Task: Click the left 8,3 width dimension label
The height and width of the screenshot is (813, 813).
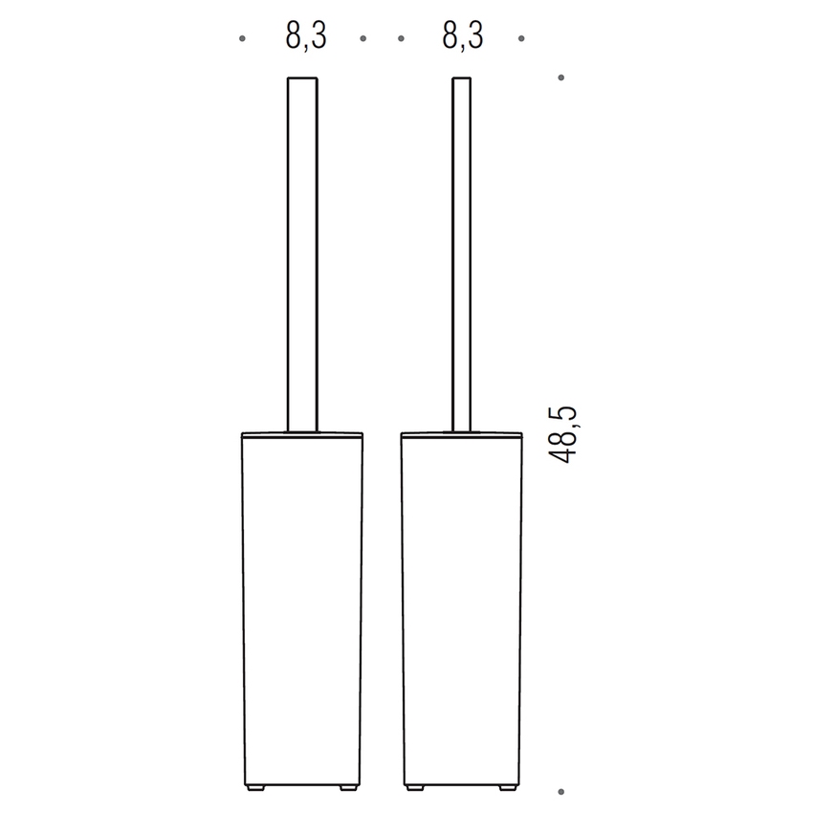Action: pyautogui.click(x=305, y=37)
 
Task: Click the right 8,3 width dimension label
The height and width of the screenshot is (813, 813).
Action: pyautogui.click(x=463, y=37)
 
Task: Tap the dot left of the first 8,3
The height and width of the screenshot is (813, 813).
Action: pyautogui.click(x=243, y=39)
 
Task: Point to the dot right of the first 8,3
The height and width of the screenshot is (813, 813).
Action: pyautogui.click(x=363, y=39)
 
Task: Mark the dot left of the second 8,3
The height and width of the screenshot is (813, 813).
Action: pyautogui.click(x=401, y=39)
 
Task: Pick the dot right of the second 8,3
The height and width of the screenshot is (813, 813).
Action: pyautogui.click(x=521, y=39)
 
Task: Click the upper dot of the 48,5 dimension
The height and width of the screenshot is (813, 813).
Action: pyautogui.click(x=561, y=77)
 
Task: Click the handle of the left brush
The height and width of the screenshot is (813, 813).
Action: pyautogui.click(x=302, y=249)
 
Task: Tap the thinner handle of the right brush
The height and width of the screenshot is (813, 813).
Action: pyautogui.click(x=461, y=249)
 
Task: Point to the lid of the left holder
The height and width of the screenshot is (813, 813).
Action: pyautogui.click(x=302, y=434)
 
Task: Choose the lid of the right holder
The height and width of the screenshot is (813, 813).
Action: pyautogui.click(x=461, y=434)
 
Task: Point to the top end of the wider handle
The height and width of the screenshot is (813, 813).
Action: pyautogui.click(x=302, y=77)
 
